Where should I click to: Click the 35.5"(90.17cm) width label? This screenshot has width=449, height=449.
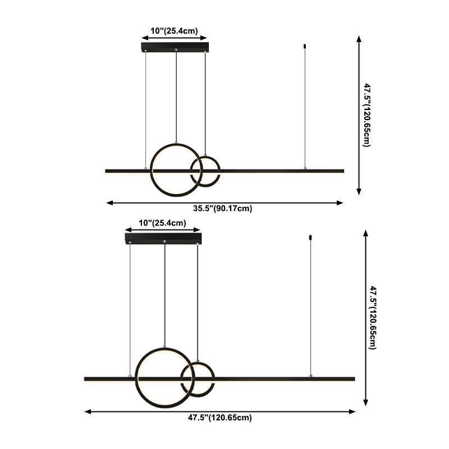pyautogui.click(x=223, y=209)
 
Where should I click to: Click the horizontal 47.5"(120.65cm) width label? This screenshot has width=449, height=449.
pyautogui.click(x=219, y=418)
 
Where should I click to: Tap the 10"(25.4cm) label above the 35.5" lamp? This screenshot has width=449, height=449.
pyautogui.click(x=175, y=31)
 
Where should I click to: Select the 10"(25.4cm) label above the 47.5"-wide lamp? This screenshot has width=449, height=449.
pyautogui.click(x=162, y=223)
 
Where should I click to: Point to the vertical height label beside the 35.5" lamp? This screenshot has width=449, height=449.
pyautogui.click(x=366, y=114)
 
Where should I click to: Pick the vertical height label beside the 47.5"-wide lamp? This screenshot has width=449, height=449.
pyautogui.click(x=373, y=318)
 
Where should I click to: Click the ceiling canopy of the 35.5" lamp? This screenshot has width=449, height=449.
pyautogui.click(x=175, y=47)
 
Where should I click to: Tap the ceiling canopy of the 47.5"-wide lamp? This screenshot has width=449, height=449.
pyautogui.click(x=163, y=239)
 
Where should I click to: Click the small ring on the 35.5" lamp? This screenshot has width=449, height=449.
pyautogui.click(x=205, y=171)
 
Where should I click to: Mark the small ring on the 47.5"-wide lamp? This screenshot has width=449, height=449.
pyautogui.click(x=197, y=379)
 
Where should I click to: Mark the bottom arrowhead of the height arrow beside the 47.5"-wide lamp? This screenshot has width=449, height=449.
pyautogui.click(x=366, y=402)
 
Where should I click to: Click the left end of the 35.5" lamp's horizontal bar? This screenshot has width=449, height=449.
pyautogui.click(x=107, y=171)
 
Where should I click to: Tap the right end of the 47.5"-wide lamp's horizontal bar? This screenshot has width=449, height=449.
pyautogui.click(x=354, y=379)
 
